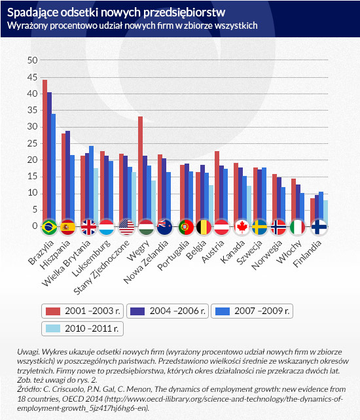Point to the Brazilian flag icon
[50, 228]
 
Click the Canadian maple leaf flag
[242, 228]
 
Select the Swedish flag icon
[260, 228]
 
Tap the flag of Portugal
[186, 228]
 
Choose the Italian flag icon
[298, 228]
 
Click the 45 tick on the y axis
[33, 77]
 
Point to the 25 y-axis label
[33, 143]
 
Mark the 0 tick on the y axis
[35, 226]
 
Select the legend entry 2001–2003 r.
[82, 311]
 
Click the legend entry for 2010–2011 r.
[82, 328]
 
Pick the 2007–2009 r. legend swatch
[223, 311]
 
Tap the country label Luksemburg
[91, 258]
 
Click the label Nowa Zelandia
[146, 262]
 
